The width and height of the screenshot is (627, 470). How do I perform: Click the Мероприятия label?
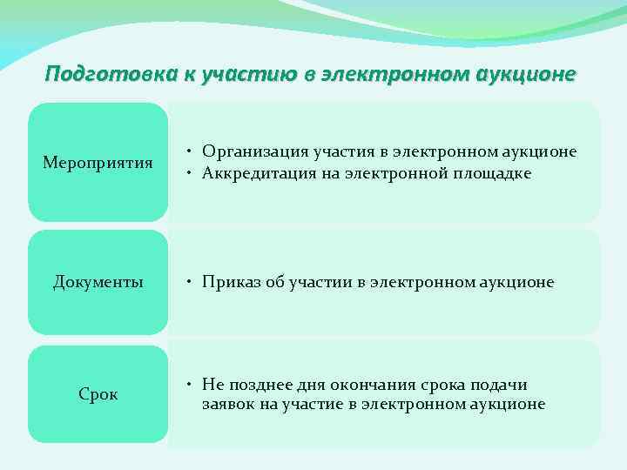pyautogui.click(x=98, y=163)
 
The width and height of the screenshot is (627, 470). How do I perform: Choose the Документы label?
pyautogui.click(x=98, y=282)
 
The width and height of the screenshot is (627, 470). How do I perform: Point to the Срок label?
pyautogui.click(x=98, y=394)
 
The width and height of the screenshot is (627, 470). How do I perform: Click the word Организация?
pyautogui.click(x=252, y=152)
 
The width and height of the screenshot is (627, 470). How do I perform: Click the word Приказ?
pyautogui.click(x=229, y=282)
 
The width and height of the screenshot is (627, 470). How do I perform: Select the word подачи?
pyautogui.click(x=499, y=385)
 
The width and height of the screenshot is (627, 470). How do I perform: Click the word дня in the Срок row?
pyautogui.click(x=317, y=385)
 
